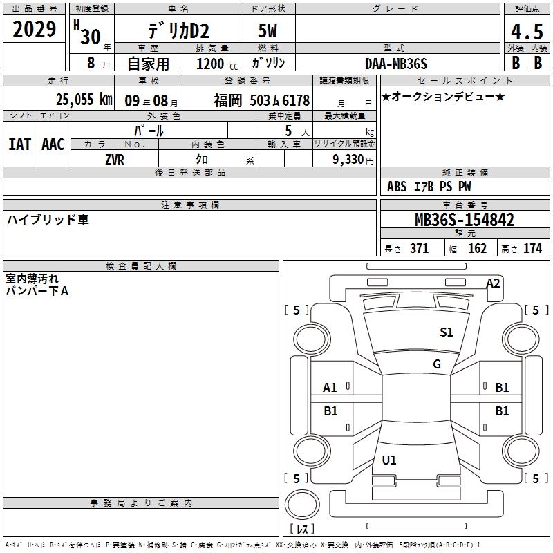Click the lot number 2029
(34, 29)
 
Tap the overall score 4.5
(527, 32)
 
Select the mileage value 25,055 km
(84, 100)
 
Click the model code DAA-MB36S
(396, 64)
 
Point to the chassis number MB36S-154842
(465, 220)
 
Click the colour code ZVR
(115, 160)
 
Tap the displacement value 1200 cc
(217, 64)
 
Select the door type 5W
(268, 30)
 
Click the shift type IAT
(20, 144)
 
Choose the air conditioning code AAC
(53, 144)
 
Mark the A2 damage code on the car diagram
(493, 283)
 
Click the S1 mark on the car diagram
(446, 332)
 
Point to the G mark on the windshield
(437, 364)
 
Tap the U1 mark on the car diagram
(389, 460)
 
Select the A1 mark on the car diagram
(330, 388)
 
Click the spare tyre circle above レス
(302, 505)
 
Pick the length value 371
(419, 248)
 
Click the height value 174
(532, 248)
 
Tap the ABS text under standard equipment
(397, 187)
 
